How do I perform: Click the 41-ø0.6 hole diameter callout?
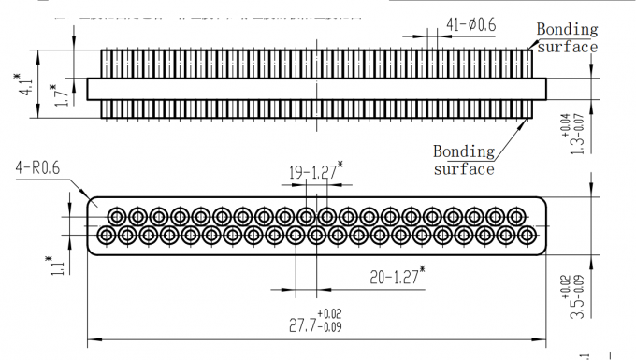pos(470,24)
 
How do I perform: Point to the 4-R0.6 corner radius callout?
pos(37,168)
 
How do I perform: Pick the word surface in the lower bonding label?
pos(463,169)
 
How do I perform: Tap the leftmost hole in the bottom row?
pos(105,235)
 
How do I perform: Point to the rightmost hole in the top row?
pos(515,216)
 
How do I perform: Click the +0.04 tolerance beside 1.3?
pos(564,122)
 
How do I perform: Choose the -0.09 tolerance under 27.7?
pos(330,329)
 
